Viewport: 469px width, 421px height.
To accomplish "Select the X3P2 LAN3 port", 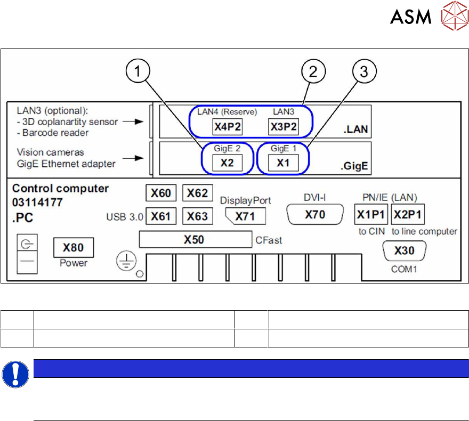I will (x=282, y=127).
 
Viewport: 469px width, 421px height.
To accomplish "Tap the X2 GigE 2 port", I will (x=228, y=163).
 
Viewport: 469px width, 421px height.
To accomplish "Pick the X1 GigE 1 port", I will (x=283, y=163).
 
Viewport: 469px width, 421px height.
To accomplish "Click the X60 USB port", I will (x=161, y=193).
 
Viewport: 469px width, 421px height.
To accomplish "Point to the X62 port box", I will (x=198, y=193).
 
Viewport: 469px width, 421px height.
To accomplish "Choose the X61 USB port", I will (x=161, y=216).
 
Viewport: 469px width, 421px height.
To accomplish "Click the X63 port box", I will (x=198, y=216).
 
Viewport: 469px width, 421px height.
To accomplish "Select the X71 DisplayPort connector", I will (x=246, y=216).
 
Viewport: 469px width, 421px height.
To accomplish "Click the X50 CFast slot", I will (x=194, y=240).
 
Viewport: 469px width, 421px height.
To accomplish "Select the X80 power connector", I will (x=74, y=248).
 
